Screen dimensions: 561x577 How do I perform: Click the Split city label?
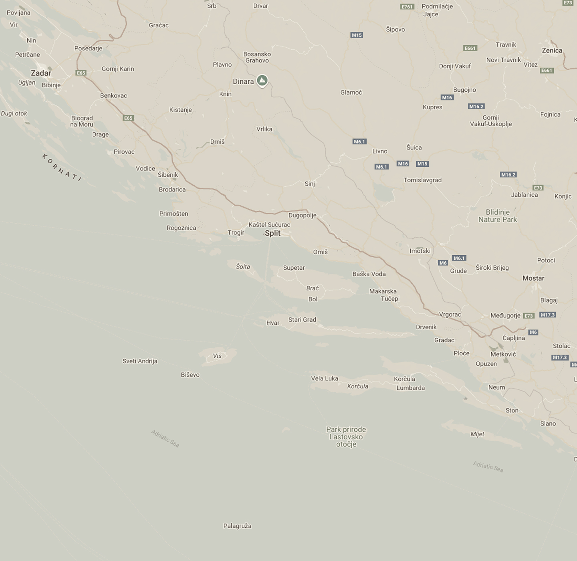click(272, 233)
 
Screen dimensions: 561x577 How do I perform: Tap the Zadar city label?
click(41, 73)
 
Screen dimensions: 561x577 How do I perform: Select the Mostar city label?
click(533, 278)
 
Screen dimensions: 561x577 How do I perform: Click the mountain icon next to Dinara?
click(262, 81)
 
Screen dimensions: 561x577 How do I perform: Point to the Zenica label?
click(552, 50)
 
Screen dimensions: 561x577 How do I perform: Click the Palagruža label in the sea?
click(237, 526)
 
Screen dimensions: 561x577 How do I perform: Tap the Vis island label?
click(217, 356)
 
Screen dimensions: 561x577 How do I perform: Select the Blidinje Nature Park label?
click(498, 216)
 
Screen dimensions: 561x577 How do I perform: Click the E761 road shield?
click(407, 7)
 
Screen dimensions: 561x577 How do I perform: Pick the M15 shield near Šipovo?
click(357, 35)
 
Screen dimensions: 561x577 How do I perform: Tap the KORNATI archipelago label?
click(62, 167)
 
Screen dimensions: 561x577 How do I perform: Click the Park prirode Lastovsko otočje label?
click(346, 437)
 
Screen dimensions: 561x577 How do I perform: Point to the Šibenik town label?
click(168, 175)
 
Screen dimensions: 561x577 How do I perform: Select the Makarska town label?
click(383, 291)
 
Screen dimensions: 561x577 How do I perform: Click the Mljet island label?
click(477, 434)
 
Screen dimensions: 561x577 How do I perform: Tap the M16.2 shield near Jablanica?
click(508, 175)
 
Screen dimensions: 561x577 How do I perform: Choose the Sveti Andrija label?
click(140, 361)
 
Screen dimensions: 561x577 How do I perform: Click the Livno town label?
click(380, 151)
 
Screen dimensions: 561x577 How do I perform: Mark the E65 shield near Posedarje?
click(81, 73)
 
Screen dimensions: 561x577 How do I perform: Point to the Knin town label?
click(225, 94)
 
